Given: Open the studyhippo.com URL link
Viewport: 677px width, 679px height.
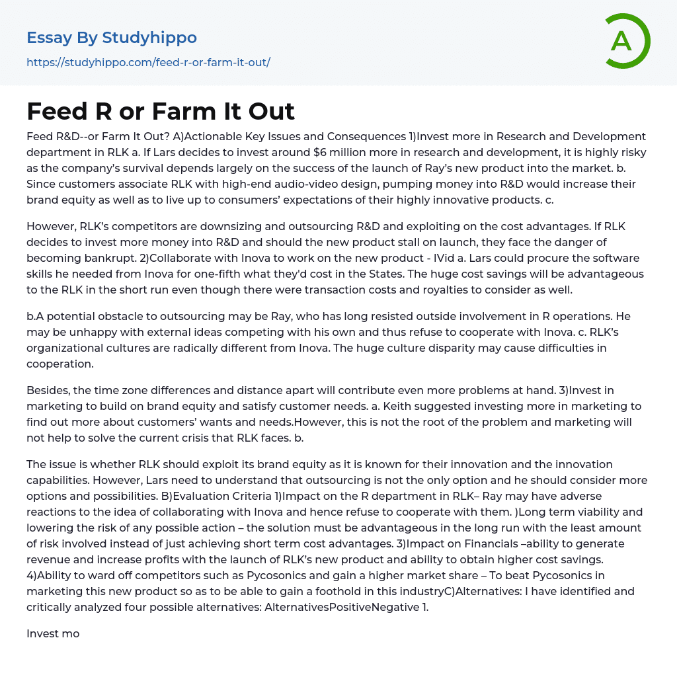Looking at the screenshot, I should pyautogui.click(x=148, y=62).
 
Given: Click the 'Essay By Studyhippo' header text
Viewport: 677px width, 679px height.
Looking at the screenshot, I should pyautogui.click(x=112, y=38).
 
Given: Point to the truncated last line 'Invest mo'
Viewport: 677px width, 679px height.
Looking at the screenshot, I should pyautogui.click(x=53, y=633).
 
